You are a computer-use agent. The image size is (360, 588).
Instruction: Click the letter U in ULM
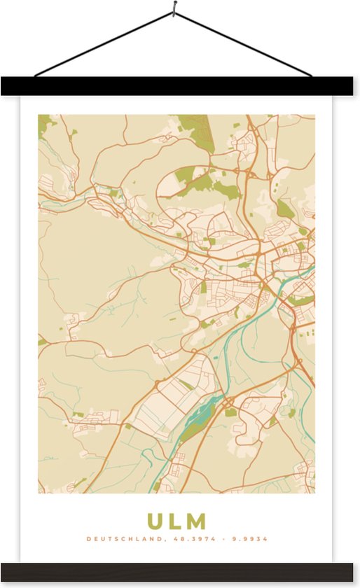pyautogui.click(x=155, y=521)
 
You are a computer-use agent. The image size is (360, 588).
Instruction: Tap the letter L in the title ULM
pyautogui.click(x=176, y=521)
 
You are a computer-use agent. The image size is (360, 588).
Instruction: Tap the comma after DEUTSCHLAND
pyautogui.click(x=165, y=540)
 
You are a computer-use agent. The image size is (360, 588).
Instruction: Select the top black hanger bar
pyautogui.click(x=180, y=86)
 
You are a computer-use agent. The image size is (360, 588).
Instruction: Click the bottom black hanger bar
pyautogui.click(x=180, y=571)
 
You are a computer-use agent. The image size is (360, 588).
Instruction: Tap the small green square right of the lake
pyautogui.click(x=230, y=412)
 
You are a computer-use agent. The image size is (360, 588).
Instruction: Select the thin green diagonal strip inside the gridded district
pyautogui.click(x=186, y=385)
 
